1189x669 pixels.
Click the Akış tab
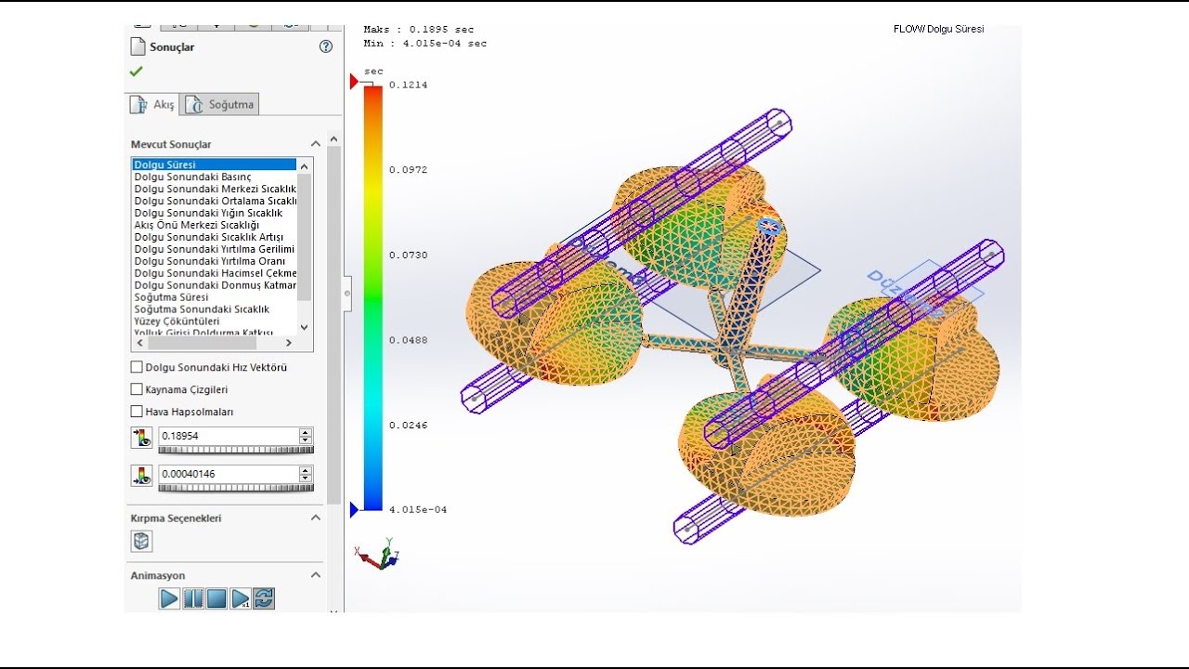click(152, 104)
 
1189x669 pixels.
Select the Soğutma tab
click(220, 104)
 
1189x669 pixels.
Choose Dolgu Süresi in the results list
click(165, 164)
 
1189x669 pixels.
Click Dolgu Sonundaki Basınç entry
click(192, 177)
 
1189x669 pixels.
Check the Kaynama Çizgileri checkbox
click(137, 389)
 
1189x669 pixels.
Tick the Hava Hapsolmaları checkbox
click(137, 412)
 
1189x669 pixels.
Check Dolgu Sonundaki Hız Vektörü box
click(137, 367)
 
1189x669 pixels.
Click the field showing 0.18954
click(227, 436)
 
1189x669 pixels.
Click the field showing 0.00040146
click(227, 474)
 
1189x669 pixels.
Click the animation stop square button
click(216, 598)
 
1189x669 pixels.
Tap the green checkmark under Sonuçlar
click(137, 72)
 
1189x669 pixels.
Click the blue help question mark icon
click(326, 46)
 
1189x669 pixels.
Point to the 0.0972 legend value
click(408, 170)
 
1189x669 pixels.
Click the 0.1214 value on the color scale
click(408, 85)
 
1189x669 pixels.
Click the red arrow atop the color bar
click(354, 83)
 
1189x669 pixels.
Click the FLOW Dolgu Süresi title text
click(938, 29)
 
